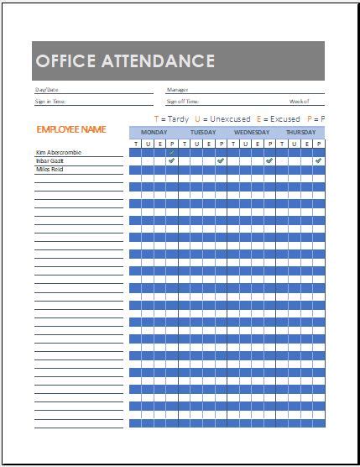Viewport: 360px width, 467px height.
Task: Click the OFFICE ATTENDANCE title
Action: (125, 61)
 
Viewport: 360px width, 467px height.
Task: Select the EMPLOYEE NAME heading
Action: (70, 129)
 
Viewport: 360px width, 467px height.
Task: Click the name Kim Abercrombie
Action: (59, 153)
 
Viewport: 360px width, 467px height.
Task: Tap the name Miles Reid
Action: (50, 170)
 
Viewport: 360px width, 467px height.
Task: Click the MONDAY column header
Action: (154, 133)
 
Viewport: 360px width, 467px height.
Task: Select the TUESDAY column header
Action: (202, 133)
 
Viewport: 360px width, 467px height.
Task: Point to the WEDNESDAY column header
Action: (251, 133)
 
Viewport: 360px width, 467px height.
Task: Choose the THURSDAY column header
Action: (300, 133)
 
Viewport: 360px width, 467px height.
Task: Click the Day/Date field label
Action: (46, 89)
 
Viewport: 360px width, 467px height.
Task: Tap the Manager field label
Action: (177, 89)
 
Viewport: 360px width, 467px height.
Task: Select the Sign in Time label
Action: (50, 101)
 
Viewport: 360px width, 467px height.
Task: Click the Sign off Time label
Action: (182, 101)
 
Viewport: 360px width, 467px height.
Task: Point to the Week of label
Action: (300, 101)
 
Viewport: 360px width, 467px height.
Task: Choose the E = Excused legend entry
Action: (279, 119)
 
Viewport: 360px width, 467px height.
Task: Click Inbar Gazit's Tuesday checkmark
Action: (220, 160)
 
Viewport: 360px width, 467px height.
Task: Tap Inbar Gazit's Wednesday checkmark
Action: (269, 160)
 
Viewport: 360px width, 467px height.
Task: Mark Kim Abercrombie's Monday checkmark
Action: (171, 152)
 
